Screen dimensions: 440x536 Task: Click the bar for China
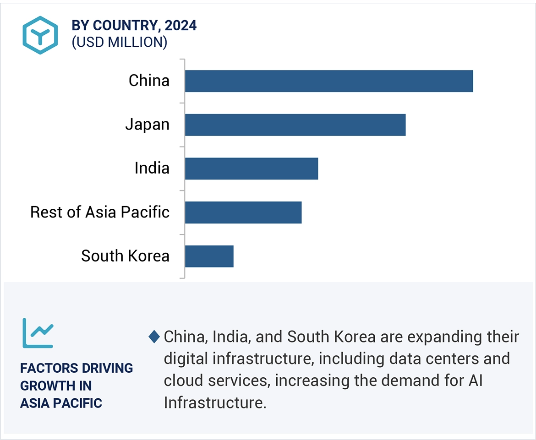click(329, 81)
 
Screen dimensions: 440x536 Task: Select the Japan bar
click(295, 125)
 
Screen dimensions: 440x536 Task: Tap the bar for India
click(252, 168)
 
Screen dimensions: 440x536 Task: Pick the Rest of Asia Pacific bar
click(243, 212)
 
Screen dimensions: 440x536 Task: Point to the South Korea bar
click(209, 256)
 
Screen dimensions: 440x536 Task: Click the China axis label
click(149, 81)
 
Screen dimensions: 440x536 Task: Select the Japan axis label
click(147, 125)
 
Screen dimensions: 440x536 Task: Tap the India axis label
click(152, 168)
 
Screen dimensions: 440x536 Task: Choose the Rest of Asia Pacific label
click(100, 212)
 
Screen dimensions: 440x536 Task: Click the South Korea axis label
click(125, 256)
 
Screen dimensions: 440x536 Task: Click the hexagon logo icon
click(40, 35)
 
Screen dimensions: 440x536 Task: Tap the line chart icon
click(38, 333)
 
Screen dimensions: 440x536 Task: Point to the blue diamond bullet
click(154, 337)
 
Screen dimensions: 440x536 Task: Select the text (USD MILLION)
click(119, 42)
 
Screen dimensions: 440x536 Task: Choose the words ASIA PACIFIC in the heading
click(61, 403)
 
